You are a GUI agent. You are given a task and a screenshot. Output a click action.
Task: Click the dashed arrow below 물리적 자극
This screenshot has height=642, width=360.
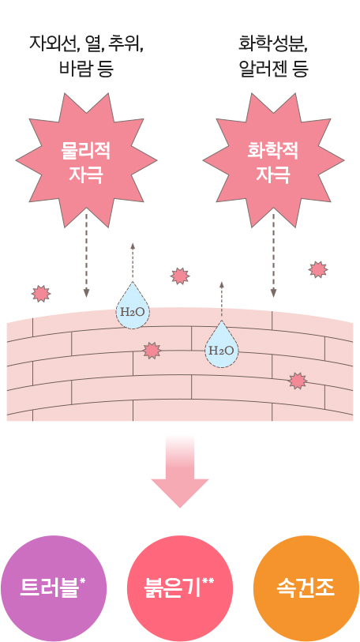tap(86, 254)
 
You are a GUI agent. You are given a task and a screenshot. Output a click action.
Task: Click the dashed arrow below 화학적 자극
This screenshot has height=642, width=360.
tap(273, 254)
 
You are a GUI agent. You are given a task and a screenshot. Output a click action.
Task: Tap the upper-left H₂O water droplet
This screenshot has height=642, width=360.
tap(133, 308)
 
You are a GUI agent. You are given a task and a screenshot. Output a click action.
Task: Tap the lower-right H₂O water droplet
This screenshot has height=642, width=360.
tap(222, 347)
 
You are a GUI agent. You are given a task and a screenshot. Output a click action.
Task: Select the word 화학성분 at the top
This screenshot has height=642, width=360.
tap(273, 43)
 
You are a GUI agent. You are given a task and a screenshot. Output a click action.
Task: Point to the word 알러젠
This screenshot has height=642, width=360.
tap(260, 69)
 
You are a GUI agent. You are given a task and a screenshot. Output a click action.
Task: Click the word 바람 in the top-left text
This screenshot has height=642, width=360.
tap(73, 69)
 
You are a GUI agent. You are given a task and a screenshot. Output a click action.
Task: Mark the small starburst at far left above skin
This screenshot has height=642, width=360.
tap(41, 294)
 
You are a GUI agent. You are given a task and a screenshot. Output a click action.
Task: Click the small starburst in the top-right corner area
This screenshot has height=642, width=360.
tap(318, 270)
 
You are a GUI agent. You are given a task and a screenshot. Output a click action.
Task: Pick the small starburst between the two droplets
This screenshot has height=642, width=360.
tap(152, 351)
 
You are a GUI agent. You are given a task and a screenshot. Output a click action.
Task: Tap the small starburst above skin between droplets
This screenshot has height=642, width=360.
tap(180, 276)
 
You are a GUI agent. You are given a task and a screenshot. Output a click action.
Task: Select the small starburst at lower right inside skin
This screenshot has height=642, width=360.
tap(298, 381)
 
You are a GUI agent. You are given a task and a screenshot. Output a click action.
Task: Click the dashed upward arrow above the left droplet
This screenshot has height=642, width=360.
tap(133, 262)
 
